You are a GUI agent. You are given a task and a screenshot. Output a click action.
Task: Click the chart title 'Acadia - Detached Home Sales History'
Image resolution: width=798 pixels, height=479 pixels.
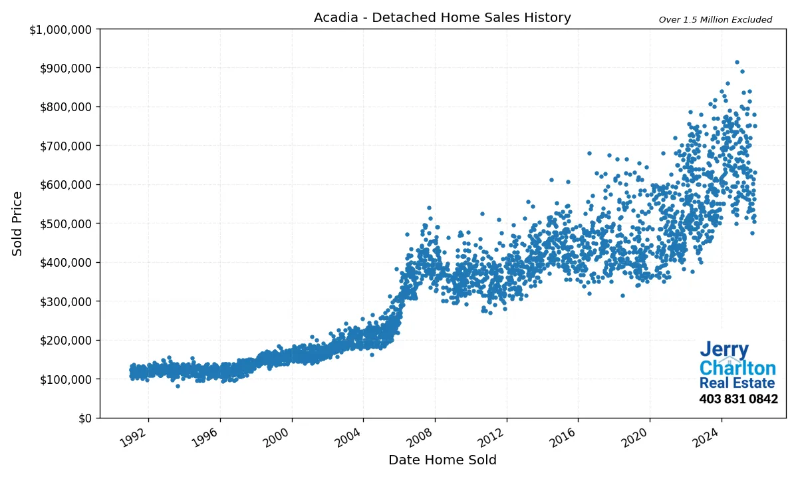coord(442,18)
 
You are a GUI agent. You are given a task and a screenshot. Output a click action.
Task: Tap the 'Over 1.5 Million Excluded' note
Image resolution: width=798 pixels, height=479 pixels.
coord(715,20)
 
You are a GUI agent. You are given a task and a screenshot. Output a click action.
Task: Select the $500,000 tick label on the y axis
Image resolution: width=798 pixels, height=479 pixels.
coord(67,224)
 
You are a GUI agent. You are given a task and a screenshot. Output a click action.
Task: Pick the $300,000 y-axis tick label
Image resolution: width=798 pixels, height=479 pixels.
coord(67,301)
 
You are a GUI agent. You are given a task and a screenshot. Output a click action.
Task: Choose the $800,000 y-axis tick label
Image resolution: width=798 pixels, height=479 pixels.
coord(67,107)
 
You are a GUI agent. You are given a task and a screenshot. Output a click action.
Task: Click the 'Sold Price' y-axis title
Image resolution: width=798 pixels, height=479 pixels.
coord(18,224)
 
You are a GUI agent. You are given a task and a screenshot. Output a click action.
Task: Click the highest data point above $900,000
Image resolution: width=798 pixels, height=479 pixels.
coord(737,62)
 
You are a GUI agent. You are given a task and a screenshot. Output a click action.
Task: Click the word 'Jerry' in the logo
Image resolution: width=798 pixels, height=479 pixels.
coord(724,351)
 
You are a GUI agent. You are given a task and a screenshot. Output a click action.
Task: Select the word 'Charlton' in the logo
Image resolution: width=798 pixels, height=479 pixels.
coord(737,369)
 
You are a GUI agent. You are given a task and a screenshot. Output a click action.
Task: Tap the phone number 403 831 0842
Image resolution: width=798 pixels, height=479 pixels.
coord(738,399)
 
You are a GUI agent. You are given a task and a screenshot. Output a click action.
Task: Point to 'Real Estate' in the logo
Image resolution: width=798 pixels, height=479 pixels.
coord(737,384)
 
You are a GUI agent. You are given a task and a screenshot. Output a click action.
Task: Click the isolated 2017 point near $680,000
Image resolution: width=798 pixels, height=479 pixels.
coord(589,153)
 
